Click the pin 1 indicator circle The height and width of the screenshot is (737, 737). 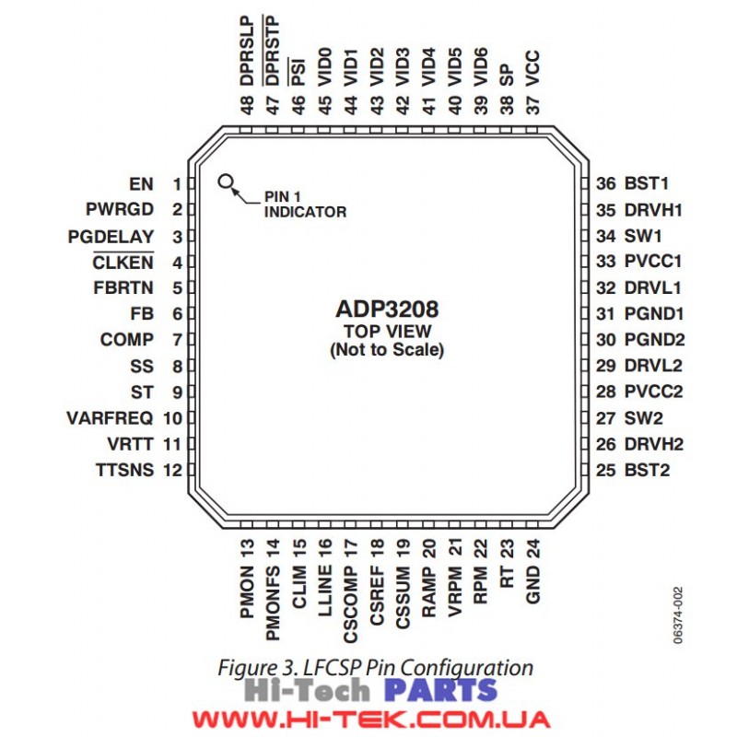pos(226,181)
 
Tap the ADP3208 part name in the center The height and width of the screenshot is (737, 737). pos(387,309)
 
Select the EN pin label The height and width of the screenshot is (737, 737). pos(142,183)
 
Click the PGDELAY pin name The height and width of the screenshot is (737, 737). pos(111,237)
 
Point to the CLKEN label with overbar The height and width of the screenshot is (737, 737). pos(123,262)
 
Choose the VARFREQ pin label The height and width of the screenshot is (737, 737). pos(110,418)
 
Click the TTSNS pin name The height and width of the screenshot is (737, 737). pos(124,470)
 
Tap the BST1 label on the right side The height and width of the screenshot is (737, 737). pos(647,183)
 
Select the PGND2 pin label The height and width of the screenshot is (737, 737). pos(654,339)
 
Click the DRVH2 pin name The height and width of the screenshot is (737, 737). pos(654,444)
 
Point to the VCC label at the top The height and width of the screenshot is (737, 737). pos(532,68)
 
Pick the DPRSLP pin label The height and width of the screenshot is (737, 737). pos(247,51)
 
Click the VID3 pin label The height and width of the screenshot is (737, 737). pos(403,66)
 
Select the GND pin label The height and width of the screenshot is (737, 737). pos(532,585)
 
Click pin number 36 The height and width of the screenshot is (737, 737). pos(606,183)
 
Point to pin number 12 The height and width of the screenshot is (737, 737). pos(172,470)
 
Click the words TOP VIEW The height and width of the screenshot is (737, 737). pos(387,332)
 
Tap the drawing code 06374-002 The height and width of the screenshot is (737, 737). pos(677,615)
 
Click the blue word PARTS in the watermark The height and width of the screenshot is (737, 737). pos(441,690)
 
